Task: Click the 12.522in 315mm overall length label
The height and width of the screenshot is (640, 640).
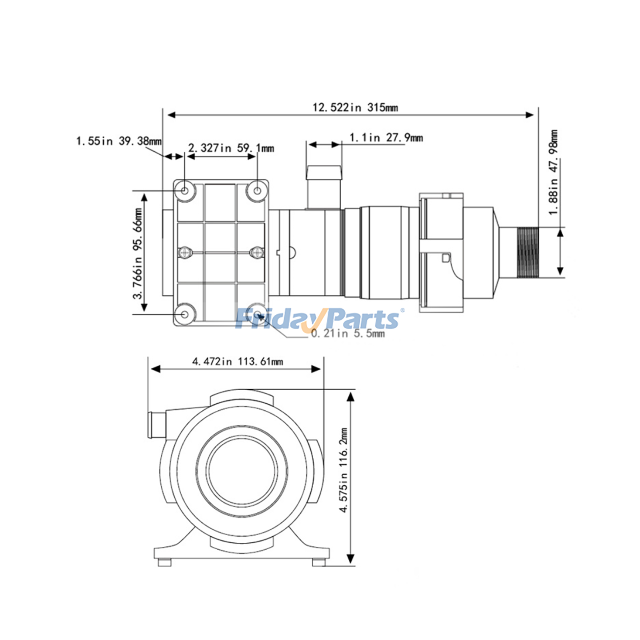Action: [355, 107]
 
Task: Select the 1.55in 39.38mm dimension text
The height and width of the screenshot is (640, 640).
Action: [119, 141]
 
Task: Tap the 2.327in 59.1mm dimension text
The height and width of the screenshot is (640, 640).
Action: [231, 148]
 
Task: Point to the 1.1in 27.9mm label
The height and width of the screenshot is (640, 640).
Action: [386, 138]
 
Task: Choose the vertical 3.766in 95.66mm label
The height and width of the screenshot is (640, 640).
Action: [138, 253]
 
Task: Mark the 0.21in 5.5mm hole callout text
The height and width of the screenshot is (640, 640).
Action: [348, 333]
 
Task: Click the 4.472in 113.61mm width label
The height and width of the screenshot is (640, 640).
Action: [237, 362]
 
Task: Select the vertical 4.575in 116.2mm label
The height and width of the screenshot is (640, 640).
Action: [344, 470]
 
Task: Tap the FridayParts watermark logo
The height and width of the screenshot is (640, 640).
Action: [318, 319]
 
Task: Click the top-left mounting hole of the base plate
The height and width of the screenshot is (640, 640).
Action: [185, 191]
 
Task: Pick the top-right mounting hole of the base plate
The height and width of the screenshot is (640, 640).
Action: [257, 191]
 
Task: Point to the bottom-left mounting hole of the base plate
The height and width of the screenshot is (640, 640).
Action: [185, 314]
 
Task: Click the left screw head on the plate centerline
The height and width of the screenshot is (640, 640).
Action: [184, 252]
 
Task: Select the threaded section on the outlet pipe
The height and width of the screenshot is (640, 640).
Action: [528, 252]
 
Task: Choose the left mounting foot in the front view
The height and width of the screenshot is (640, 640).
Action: [164, 562]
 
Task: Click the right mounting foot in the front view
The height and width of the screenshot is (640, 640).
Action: [318, 562]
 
